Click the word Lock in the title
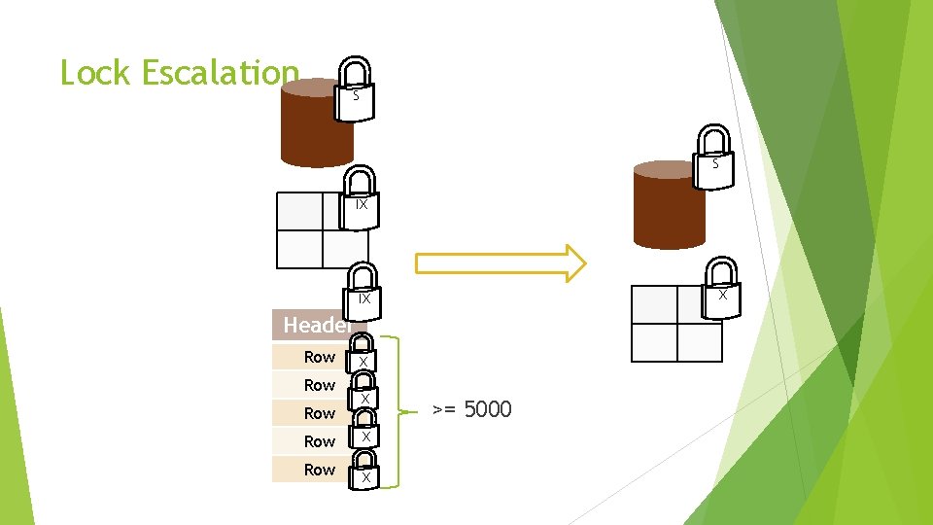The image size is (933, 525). (x=95, y=73)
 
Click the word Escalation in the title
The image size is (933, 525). (x=221, y=73)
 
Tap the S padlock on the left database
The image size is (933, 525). (x=355, y=89)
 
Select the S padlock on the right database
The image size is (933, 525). (x=713, y=157)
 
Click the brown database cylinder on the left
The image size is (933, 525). (x=317, y=122)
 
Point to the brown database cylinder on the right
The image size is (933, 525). (x=669, y=205)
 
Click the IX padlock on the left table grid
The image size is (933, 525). (x=360, y=198)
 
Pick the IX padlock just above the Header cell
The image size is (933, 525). (x=363, y=293)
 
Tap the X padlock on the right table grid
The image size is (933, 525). (x=721, y=288)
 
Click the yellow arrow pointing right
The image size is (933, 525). (x=501, y=263)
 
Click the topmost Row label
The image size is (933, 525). (x=320, y=357)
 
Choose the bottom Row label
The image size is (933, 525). (x=320, y=470)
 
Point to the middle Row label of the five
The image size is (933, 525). (x=320, y=413)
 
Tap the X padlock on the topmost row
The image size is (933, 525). (x=362, y=354)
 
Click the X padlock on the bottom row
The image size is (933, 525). (x=363, y=470)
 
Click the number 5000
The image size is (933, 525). (x=488, y=409)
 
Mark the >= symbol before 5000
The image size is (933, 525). (x=444, y=410)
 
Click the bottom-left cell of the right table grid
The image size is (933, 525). (x=654, y=343)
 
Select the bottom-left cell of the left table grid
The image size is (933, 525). (x=300, y=249)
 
